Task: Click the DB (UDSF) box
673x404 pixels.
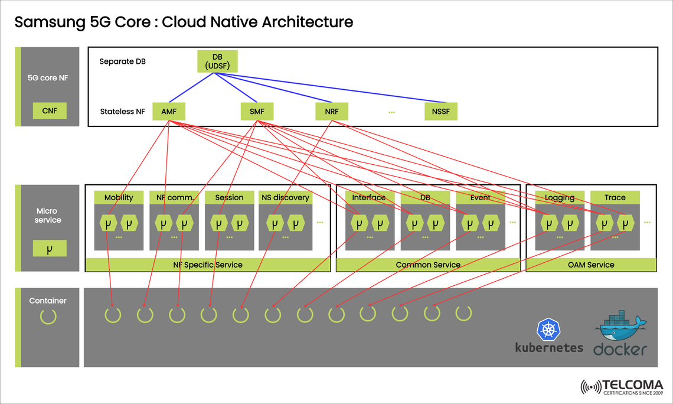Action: pyautogui.click(x=217, y=62)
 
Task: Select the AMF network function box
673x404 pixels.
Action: pyautogui.click(x=169, y=111)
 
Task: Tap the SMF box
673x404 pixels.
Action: pyautogui.click(x=257, y=111)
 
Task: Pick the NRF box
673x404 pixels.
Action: pyautogui.click(x=332, y=111)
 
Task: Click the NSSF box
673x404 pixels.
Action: pyautogui.click(x=441, y=111)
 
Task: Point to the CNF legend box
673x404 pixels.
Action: pyautogui.click(x=50, y=110)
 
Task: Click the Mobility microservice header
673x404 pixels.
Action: pyautogui.click(x=119, y=198)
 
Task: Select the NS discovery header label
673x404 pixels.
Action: pyautogui.click(x=285, y=198)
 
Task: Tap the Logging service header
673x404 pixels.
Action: pyautogui.click(x=560, y=198)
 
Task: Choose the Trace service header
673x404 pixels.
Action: pyautogui.click(x=615, y=198)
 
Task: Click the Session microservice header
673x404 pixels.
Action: pyautogui.click(x=229, y=198)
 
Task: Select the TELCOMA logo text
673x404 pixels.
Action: pyautogui.click(x=632, y=385)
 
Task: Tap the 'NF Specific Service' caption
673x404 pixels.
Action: pyautogui.click(x=207, y=265)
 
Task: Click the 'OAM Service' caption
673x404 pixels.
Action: pyautogui.click(x=591, y=265)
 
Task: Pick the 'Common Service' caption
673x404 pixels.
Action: pyautogui.click(x=428, y=265)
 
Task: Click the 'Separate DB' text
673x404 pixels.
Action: pyautogui.click(x=122, y=61)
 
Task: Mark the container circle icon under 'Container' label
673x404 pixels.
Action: pyautogui.click(x=48, y=316)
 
